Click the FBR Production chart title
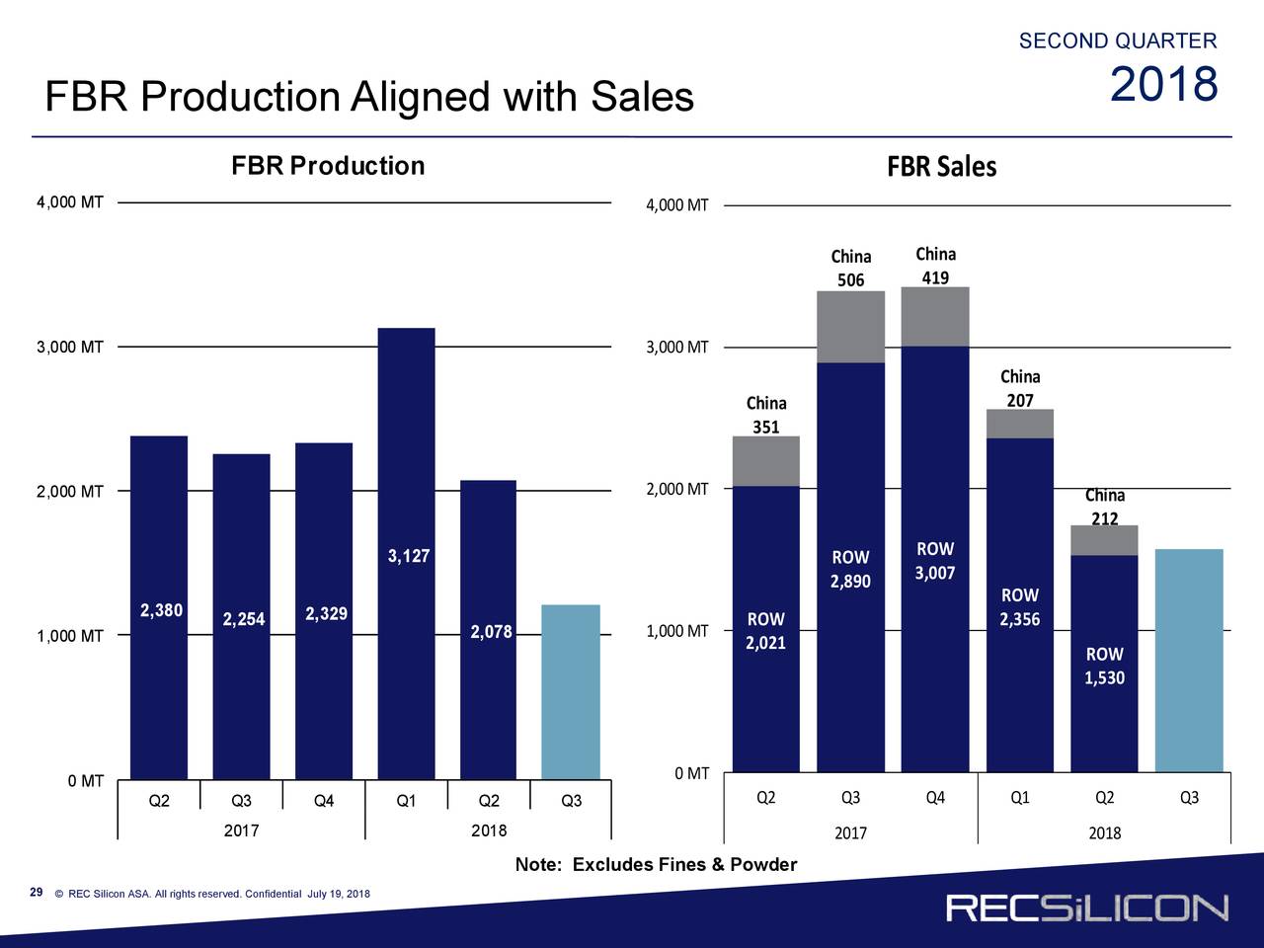(328, 166)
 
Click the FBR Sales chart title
(941, 168)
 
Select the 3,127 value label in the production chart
(409, 557)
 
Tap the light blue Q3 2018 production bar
(571, 691)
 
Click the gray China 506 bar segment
(850, 327)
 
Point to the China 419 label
(935, 266)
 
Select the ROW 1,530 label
(1104, 667)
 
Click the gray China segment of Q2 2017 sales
(766, 461)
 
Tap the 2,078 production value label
(491, 632)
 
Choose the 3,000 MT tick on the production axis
(70, 348)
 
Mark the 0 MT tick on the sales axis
(692, 773)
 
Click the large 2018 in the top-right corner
(1163, 85)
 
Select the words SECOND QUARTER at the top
(1117, 40)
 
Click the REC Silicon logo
(1087, 908)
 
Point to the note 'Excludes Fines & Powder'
(656, 866)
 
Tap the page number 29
(37, 893)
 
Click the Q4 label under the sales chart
(935, 798)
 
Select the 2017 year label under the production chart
(241, 830)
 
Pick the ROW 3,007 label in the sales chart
(935, 562)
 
